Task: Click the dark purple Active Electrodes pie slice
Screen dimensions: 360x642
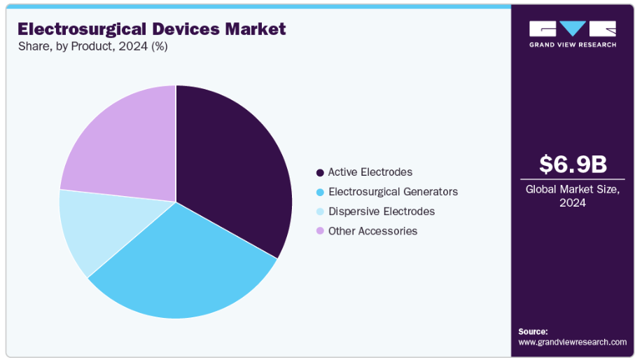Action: pyautogui.click(x=235, y=168)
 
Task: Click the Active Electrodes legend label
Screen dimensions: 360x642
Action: pyautogui.click(x=370, y=172)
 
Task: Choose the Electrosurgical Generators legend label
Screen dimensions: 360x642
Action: pyautogui.click(x=393, y=192)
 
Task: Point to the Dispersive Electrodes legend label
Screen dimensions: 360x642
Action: pyautogui.click(x=382, y=212)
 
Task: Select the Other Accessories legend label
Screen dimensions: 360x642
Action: pyautogui.click(x=372, y=231)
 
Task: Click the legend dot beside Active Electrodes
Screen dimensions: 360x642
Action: pyautogui.click(x=320, y=172)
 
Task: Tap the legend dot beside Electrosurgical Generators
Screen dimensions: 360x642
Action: pyautogui.click(x=320, y=192)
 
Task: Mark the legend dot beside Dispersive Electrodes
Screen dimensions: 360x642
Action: pyautogui.click(x=320, y=212)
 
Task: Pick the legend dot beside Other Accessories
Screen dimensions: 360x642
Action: pyautogui.click(x=320, y=231)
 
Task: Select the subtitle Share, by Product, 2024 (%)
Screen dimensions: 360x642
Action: pyautogui.click(x=92, y=47)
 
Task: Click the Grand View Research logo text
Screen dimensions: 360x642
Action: pyautogui.click(x=573, y=45)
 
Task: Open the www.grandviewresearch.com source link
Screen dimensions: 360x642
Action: pyautogui.click(x=572, y=342)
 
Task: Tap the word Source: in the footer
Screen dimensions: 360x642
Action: pyautogui.click(x=533, y=331)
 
